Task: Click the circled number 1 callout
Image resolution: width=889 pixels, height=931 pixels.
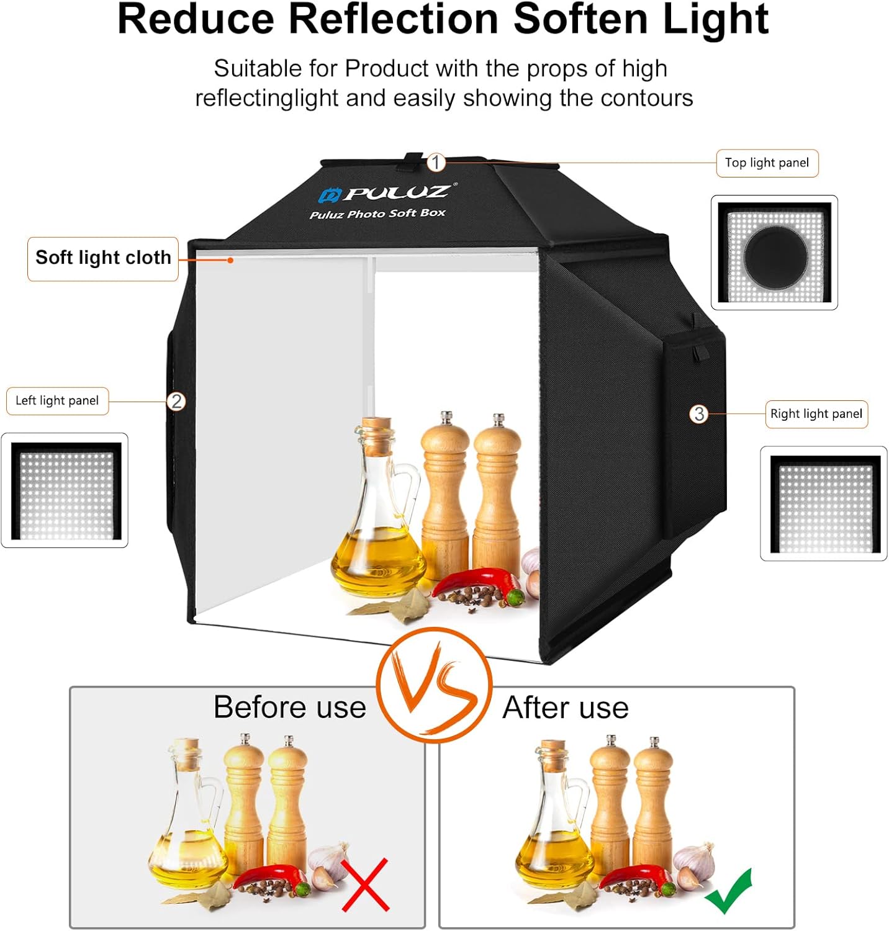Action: click(436, 163)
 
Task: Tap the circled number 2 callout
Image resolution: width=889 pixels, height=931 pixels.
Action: click(176, 401)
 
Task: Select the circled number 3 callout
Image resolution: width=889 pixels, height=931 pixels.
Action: click(699, 413)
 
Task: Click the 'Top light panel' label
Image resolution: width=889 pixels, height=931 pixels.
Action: click(767, 163)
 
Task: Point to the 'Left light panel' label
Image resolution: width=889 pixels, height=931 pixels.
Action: click(57, 401)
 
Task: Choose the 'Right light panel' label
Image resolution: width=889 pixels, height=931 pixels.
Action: click(816, 414)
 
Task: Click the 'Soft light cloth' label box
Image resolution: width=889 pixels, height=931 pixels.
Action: click(103, 259)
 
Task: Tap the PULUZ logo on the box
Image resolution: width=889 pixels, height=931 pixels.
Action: click(389, 194)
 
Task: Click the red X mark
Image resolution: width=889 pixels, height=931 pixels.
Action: click(366, 884)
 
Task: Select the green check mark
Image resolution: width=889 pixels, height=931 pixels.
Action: click(729, 891)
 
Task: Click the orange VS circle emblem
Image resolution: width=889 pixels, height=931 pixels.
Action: click(435, 685)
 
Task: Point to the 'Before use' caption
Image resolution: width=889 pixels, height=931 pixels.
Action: click(290, 707)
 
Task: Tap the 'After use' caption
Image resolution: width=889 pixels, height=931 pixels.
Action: click(566, 708)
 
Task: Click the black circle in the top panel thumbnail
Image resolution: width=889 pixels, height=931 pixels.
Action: click(775, 256)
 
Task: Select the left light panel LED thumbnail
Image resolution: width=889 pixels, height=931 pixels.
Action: click(65, 490)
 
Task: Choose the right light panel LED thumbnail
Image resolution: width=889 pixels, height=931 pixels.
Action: click(824, 504)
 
